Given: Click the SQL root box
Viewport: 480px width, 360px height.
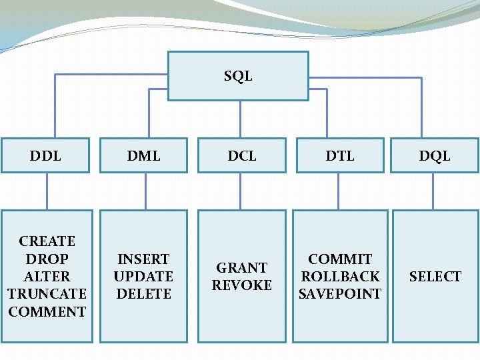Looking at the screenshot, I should pos(238,76).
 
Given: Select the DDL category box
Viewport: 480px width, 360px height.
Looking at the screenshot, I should pos(45,155).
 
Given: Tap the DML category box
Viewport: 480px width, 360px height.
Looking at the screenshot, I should pos(144,155).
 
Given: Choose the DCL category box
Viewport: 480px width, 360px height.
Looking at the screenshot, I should pos(242,155).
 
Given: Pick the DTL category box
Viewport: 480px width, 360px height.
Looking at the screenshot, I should pos(340,155).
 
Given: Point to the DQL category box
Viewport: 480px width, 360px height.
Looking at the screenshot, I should pos(435,155).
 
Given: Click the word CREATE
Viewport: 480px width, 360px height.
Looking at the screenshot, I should pos(47,241).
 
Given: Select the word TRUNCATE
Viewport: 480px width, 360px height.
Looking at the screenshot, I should pos(47,293).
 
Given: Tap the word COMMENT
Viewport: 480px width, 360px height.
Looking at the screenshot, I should pos(47,311).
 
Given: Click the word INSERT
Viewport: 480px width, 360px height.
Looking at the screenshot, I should pos(143,259).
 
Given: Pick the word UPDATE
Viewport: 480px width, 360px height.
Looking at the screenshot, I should pos(143,276).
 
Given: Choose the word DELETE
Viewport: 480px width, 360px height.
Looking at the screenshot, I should pos(143,293).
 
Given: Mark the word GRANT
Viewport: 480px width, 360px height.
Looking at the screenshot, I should pos(242,267).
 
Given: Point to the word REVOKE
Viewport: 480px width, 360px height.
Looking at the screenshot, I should pos(242,285).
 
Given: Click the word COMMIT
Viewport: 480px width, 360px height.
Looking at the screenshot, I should pos(340,259).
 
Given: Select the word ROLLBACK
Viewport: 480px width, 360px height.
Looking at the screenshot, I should pos(340,276).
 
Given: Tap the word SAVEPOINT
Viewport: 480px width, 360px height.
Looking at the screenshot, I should pos(340,293).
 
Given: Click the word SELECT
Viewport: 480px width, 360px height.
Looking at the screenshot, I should pos(435,276).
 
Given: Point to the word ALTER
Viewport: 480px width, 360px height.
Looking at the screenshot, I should pos(47,276).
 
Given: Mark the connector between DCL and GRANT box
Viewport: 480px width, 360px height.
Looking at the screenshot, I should pos(242,192).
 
